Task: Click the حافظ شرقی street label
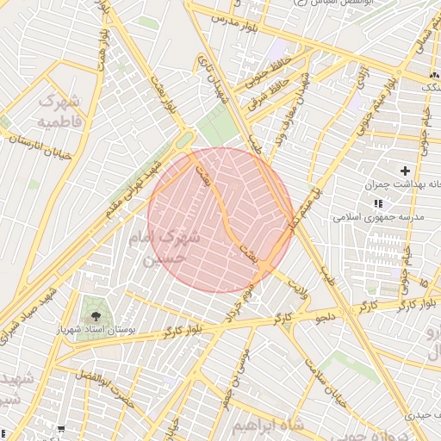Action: pos(266,98)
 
